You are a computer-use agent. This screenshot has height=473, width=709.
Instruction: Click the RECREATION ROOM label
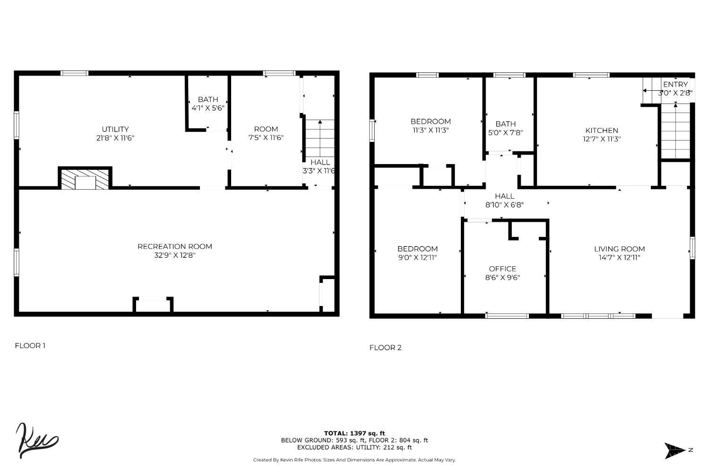(x=175, y=246)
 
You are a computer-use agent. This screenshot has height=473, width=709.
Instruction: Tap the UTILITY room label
(x=115, y=129)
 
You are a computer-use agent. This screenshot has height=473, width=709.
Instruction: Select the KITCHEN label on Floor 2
(x=602, y=131)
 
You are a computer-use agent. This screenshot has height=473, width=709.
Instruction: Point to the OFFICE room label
(x=502, y=269)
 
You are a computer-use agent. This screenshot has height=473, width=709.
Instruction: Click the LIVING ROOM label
(x=619, y=249)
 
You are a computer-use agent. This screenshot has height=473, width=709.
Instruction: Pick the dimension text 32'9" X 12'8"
(x=175, y=255)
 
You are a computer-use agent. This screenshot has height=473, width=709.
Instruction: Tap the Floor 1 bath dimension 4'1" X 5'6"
(x=208, y=108)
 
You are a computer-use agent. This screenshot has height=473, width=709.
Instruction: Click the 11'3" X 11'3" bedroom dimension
(x=431, y=130)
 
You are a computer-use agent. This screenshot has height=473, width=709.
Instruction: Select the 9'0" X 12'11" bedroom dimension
(x=417, y=258)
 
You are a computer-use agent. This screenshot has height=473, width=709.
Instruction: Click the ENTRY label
(x=675, y=85)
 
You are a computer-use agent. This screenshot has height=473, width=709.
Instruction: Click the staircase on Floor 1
(x=320, y=138)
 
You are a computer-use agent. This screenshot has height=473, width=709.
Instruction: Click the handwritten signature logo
(x=36, y=440)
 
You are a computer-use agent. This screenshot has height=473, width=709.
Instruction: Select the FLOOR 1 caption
(x=30, y=346)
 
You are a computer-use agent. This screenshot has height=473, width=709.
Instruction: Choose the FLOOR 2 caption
(x=385, y=348)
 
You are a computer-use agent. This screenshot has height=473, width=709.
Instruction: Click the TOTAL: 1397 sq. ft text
(x=354, y=433)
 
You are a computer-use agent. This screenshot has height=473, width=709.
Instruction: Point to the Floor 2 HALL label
(x=504, y=196)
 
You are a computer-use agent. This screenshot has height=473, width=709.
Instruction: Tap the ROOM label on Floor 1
(x=266, y=129)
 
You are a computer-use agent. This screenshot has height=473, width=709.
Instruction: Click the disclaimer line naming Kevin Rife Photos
(x=354, y=460)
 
